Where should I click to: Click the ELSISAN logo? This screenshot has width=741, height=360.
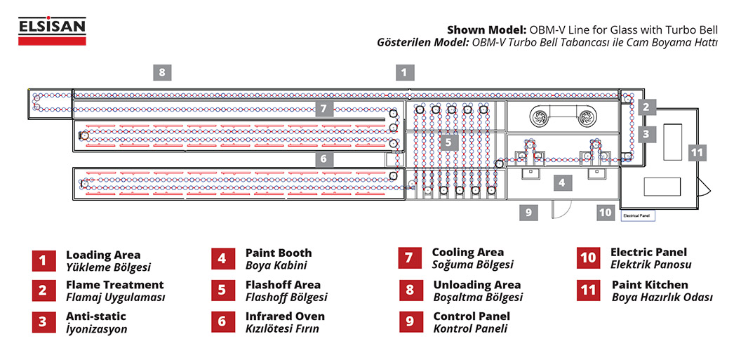pyautogui.click(x=52, y=32)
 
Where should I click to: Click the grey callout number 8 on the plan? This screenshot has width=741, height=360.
pyautogui.click(x=162, y=72)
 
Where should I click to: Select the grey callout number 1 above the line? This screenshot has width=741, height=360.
pyautogui.click(x=403, y=72)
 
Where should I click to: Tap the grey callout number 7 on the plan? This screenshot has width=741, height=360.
pyautogui.click(x=323, y=109)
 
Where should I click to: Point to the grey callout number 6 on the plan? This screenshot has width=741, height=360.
pyautogui.click(x=323, y=159)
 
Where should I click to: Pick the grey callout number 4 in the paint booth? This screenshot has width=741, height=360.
pyautogui.click(x=561, y=183)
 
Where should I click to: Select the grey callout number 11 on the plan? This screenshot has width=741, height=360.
pyautogui.click(x=696, y=152)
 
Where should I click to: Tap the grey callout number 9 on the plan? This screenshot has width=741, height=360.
pyautogui.click(x=529, y=212)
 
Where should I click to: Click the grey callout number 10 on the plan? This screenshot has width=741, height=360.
pyautogui.click(x=606, y=212)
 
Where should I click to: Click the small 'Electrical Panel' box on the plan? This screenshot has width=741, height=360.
pyautogui.click(x=638, y=217)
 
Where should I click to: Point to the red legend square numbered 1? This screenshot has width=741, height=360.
pyautogui.click(x=42, y=260)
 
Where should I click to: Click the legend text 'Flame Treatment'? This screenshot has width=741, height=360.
pyautogui.click(x=114, y=285)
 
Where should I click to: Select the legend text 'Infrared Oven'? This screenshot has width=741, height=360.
pyautogui.click(x=285, y=316)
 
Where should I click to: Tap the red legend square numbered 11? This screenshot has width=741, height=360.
pyautogui.click(x=588, y=290)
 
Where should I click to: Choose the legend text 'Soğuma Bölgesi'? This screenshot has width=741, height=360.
pyautogui.click(x=472, y=265)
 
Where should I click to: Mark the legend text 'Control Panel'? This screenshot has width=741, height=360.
pyautogui.click(x=472, y=316)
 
